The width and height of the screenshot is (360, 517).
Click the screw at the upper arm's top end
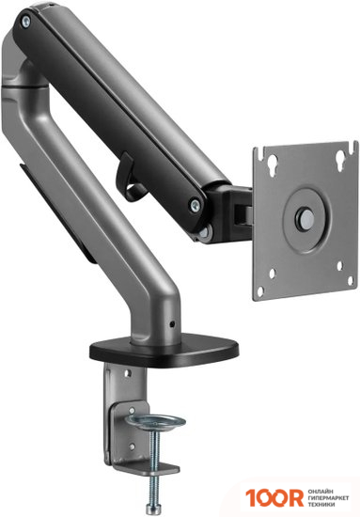point(25,22)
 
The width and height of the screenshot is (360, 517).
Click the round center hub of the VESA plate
point(306,218)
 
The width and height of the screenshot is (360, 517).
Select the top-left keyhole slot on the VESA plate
point(273,163)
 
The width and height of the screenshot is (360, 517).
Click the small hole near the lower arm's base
point(171,324)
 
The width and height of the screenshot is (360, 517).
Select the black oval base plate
point(164,351)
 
